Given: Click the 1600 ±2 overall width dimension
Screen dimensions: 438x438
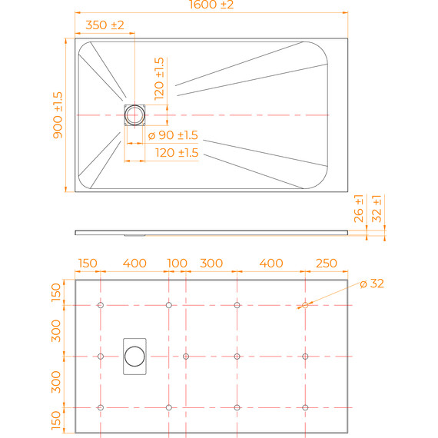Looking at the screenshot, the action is pos(211,5).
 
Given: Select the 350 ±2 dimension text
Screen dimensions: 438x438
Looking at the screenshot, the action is pos(105,25).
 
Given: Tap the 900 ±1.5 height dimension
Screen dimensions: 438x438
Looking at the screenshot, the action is pos(58,115).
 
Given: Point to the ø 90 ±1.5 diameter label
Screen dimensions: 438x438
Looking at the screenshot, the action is pos(173,135).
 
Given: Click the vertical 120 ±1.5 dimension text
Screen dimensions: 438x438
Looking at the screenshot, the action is pos(159,78).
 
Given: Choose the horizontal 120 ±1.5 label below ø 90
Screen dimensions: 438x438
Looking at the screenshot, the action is pos(177,153).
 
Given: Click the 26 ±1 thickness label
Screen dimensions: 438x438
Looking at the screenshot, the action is pos(358,209).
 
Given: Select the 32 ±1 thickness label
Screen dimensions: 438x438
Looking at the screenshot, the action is pos(377,209).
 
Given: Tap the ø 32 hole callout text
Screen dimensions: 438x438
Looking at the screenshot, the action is pos(372,284).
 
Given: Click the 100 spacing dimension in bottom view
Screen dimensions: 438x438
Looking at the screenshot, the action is pos(177,263).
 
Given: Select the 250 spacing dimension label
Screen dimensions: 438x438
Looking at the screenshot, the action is pos(327,263).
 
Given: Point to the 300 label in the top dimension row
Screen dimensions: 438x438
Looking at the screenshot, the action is pos(211,263).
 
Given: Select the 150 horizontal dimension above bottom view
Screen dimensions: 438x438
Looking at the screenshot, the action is pos(88,263).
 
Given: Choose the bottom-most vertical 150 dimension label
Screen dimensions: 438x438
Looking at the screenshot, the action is pos(56,420).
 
